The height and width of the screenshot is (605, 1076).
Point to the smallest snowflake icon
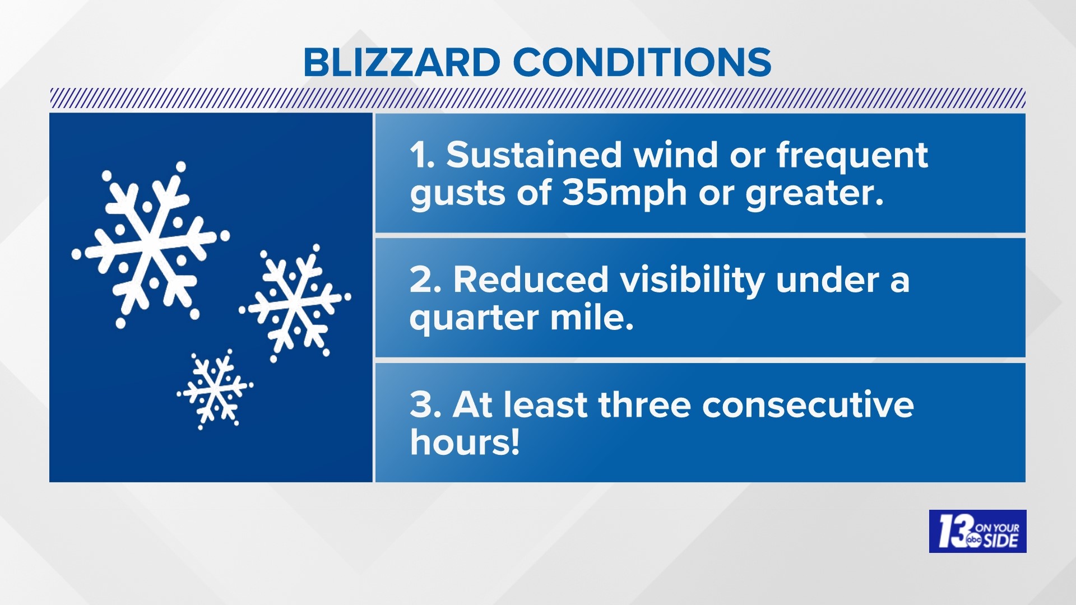pyautogui.click(x=215, y=389)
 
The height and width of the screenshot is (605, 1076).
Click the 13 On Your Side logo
pyautogui.click(x=977, y=531)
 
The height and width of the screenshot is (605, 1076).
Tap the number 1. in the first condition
pyautogui.click(x=422, y=155)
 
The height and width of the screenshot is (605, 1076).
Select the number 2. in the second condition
pyautogui.click(x=425, y=280)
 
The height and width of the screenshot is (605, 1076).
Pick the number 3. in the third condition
pyautogui.click(x=425, y=404)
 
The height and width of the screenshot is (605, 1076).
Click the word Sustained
pyautogui.click(x=534, y=155)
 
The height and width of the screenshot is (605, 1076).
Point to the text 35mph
pyautogui.click(x=624, y=193)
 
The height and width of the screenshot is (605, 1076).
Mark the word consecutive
pyautogui.click(x=808, y=404)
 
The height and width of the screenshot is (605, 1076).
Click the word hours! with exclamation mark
pyautogui.click(x=465, y=443)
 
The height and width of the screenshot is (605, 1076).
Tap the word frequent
pyautogui.click(x=852, y=156)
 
